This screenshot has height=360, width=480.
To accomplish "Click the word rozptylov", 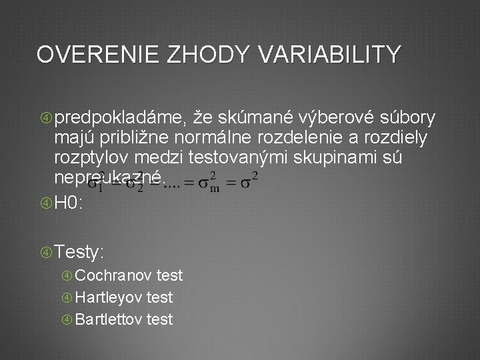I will [x=93, y=158].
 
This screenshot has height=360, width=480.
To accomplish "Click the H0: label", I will [x=69, y=203].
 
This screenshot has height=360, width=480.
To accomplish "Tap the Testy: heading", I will [x=79, y=252].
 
